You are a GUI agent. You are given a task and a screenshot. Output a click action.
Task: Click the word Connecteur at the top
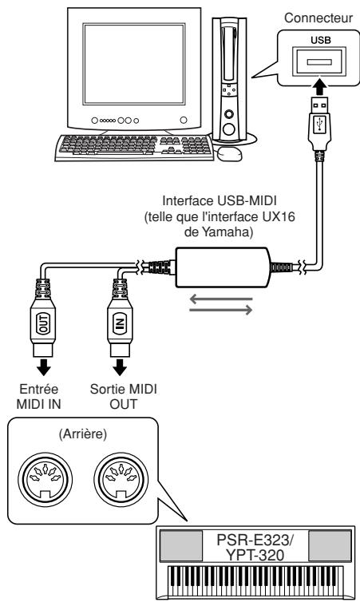point(318,18)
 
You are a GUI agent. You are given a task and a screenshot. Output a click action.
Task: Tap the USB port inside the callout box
point(319,61)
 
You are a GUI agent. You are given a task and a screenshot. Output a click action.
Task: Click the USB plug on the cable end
point(320,124)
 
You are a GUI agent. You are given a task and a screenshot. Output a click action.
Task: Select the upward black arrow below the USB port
point(319,87)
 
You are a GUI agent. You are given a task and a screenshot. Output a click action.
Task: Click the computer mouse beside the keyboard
point(230,153)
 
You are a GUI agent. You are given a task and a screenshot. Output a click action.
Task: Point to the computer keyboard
point(134,148)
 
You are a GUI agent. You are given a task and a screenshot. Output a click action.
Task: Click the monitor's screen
point(134,64)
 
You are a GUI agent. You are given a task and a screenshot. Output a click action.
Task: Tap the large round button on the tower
point(230,129)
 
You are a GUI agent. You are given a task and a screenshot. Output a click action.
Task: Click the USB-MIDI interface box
point(223,267)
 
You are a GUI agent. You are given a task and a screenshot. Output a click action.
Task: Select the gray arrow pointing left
point(221,299)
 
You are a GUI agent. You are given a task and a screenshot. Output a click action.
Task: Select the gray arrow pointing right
point(221,310)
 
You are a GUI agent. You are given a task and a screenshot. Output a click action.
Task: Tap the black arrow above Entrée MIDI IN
point(43,368)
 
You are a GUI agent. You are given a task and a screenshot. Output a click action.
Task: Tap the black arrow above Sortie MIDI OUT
point(120,368)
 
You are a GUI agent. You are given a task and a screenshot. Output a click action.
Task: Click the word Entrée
point(39,389)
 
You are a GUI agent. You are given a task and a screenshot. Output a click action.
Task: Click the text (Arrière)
point(82,434)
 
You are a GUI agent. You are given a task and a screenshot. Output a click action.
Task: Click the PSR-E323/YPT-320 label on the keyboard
point(255,547)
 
